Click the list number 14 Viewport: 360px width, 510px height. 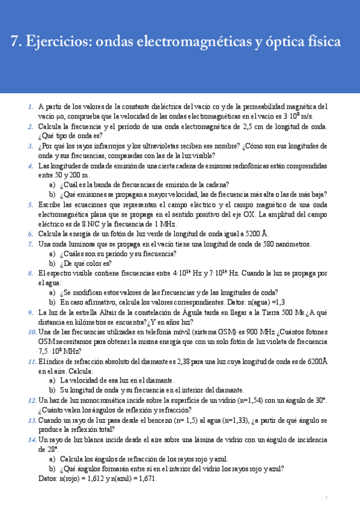32,440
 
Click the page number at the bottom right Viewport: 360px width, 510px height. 325,498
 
